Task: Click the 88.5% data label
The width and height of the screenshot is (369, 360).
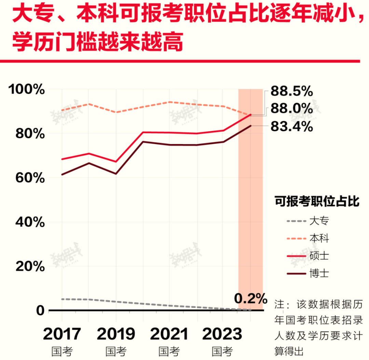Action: tap(292, 91)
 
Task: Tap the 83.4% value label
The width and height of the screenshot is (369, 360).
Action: tap(292, 127)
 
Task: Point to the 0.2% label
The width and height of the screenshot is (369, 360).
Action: tap(250, 299)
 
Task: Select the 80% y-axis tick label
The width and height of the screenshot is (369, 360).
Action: tap(30, 134)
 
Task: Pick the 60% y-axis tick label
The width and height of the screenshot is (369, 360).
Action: tap(30, 178)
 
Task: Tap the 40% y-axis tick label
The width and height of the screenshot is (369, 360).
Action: tap(30, 222)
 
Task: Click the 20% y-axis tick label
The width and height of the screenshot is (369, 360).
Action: tap(30, 267)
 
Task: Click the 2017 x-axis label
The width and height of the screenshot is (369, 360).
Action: tap(62, 334)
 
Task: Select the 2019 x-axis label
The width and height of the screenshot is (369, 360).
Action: tap(116, 334)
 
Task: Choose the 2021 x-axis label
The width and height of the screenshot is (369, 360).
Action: tap(169, 334)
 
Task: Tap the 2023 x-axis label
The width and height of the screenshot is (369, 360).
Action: tap(222, 334)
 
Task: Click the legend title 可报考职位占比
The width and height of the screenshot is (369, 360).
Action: tap(317, 202)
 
